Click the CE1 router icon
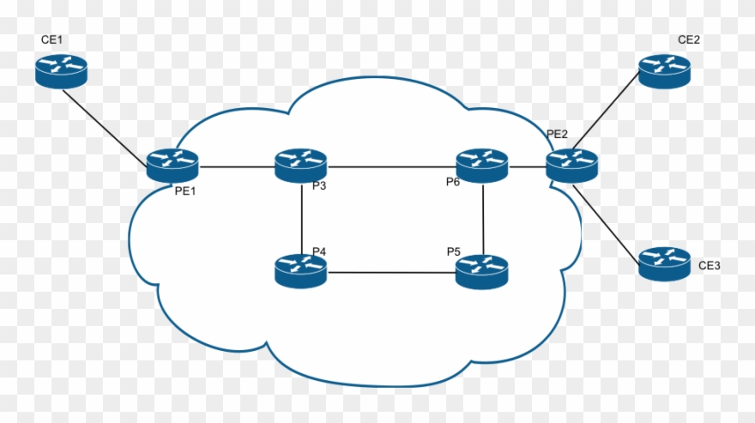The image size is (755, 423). point(61,69)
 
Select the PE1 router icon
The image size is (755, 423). point(172,165)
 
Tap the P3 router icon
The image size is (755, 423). point(301,165)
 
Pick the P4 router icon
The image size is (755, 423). point(301,270)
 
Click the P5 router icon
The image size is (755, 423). point(481,270)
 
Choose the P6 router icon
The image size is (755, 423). point(482,165)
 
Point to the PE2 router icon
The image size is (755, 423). point(571,165)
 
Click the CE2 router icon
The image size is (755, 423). point(664,70)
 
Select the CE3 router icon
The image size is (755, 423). point(664,263)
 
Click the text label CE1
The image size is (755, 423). point(53,40)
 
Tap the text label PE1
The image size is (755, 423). point(186,190)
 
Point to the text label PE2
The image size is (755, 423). point(558,135)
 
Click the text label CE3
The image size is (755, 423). point(709,266)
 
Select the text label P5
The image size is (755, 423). point(453,251)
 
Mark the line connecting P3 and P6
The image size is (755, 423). point(391,166)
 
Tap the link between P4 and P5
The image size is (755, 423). point(391,273)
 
